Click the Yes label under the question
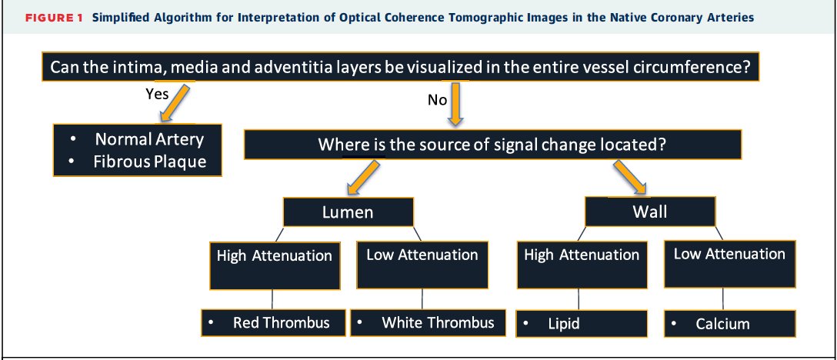157,94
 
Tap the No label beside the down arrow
437,100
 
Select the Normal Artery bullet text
149,139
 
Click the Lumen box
348,212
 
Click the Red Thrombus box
273,322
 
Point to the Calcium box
729,324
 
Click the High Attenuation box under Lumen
274,265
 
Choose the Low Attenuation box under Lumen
422,265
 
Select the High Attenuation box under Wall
581,265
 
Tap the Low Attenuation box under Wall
729,265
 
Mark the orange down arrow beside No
455,103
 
